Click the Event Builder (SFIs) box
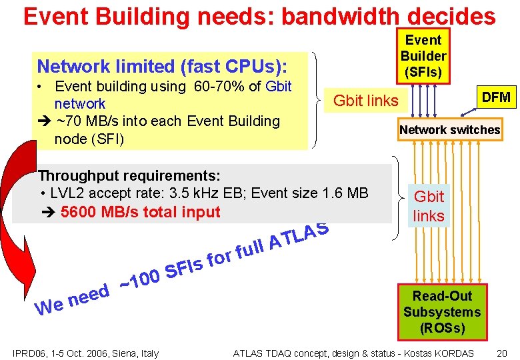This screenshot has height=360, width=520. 423,56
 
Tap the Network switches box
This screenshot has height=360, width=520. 449,130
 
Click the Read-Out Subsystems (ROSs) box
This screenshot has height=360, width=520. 442,312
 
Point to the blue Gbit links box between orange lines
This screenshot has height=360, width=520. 429,206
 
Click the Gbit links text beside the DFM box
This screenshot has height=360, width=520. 365,101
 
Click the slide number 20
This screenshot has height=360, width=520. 502,353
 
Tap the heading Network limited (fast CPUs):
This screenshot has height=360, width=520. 162,66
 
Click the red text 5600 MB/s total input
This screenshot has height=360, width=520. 139,212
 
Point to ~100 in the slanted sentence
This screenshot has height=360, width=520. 139,279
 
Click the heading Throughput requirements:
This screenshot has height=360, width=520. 129,175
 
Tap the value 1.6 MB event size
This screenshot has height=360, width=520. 345,193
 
